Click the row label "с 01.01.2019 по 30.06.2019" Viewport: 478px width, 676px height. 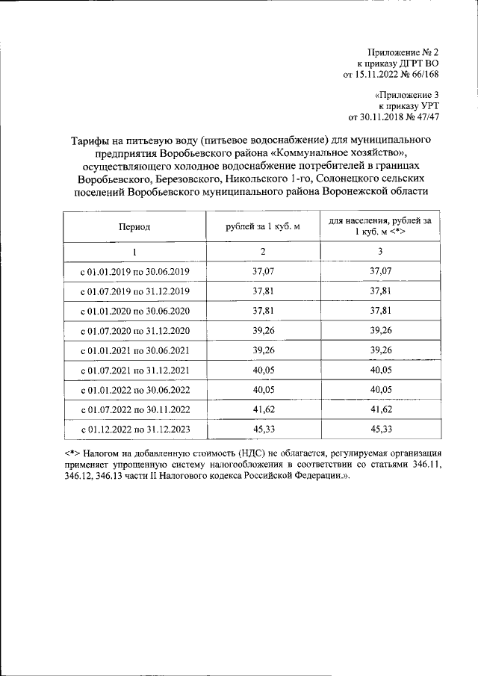coord(134,270)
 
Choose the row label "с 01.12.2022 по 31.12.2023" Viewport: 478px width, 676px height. coord(134,430)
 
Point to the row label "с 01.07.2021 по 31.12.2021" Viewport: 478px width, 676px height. coord(134,370)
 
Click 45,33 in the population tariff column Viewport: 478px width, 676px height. coord(380,430)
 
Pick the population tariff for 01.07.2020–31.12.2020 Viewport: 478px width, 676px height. coord(380,330)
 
